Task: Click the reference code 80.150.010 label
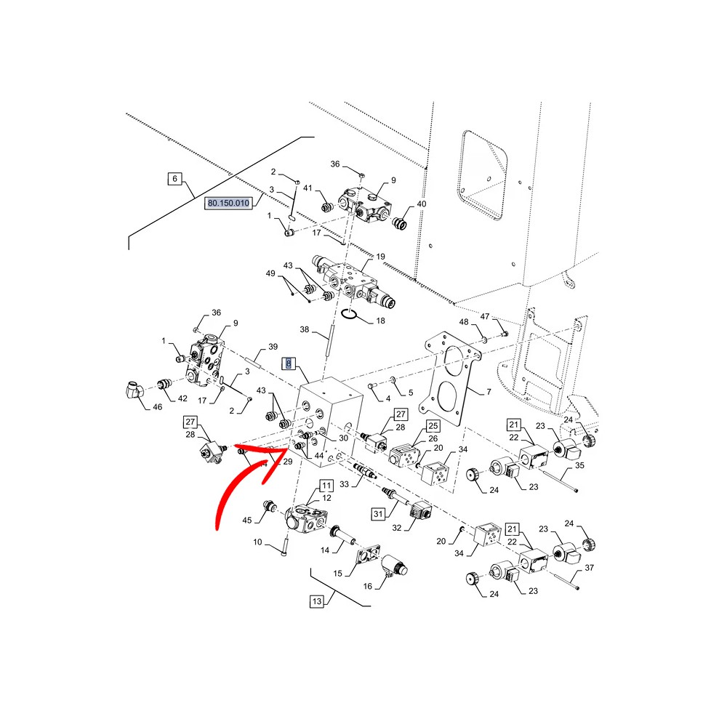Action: [228, 203]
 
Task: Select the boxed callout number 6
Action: [174, 179]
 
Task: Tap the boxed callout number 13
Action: [317, 601]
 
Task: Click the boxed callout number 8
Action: [289, 363]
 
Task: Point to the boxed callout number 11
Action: [326, 486]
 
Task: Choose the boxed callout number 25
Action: [433, 425]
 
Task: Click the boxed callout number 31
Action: [378, 514]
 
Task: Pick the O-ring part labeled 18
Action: [348, 314]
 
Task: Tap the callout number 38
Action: [304, 329]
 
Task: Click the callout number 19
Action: [380, 257]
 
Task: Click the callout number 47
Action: [484, 316]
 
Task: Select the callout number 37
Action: [590, 568]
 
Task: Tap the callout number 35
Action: [579, 465]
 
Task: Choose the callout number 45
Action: [247, 521]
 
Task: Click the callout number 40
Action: [422, 204]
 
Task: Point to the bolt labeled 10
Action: [285, 544]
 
